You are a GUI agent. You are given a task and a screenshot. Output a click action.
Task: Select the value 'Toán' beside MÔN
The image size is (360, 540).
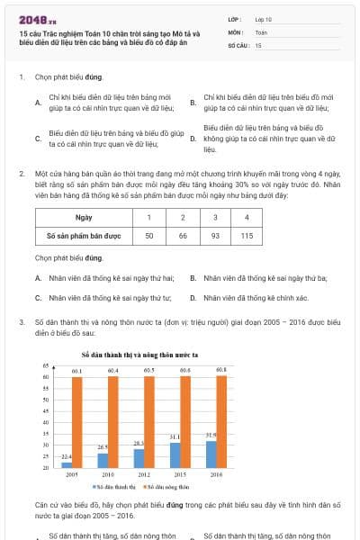[x=262, y=31]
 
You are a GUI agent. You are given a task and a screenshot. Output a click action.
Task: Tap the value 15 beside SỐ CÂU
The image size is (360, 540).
[x=258, y=44]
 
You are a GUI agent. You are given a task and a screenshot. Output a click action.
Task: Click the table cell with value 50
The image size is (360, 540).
[x=150, y=235]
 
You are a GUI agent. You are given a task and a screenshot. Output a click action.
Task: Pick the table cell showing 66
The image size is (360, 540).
[x=183, y=235]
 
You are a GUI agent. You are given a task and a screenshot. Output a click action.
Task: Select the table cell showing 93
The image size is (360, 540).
[x=215, y=235]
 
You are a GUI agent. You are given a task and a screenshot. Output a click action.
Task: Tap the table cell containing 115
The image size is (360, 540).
[x=247, y=235]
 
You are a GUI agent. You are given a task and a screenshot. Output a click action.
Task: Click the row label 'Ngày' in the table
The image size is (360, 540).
[x=84, y=218]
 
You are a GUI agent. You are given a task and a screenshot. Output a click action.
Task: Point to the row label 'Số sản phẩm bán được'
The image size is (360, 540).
[x=84, y=235]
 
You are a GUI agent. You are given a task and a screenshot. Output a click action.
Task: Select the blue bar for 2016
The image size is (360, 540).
[x=211, y=454]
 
